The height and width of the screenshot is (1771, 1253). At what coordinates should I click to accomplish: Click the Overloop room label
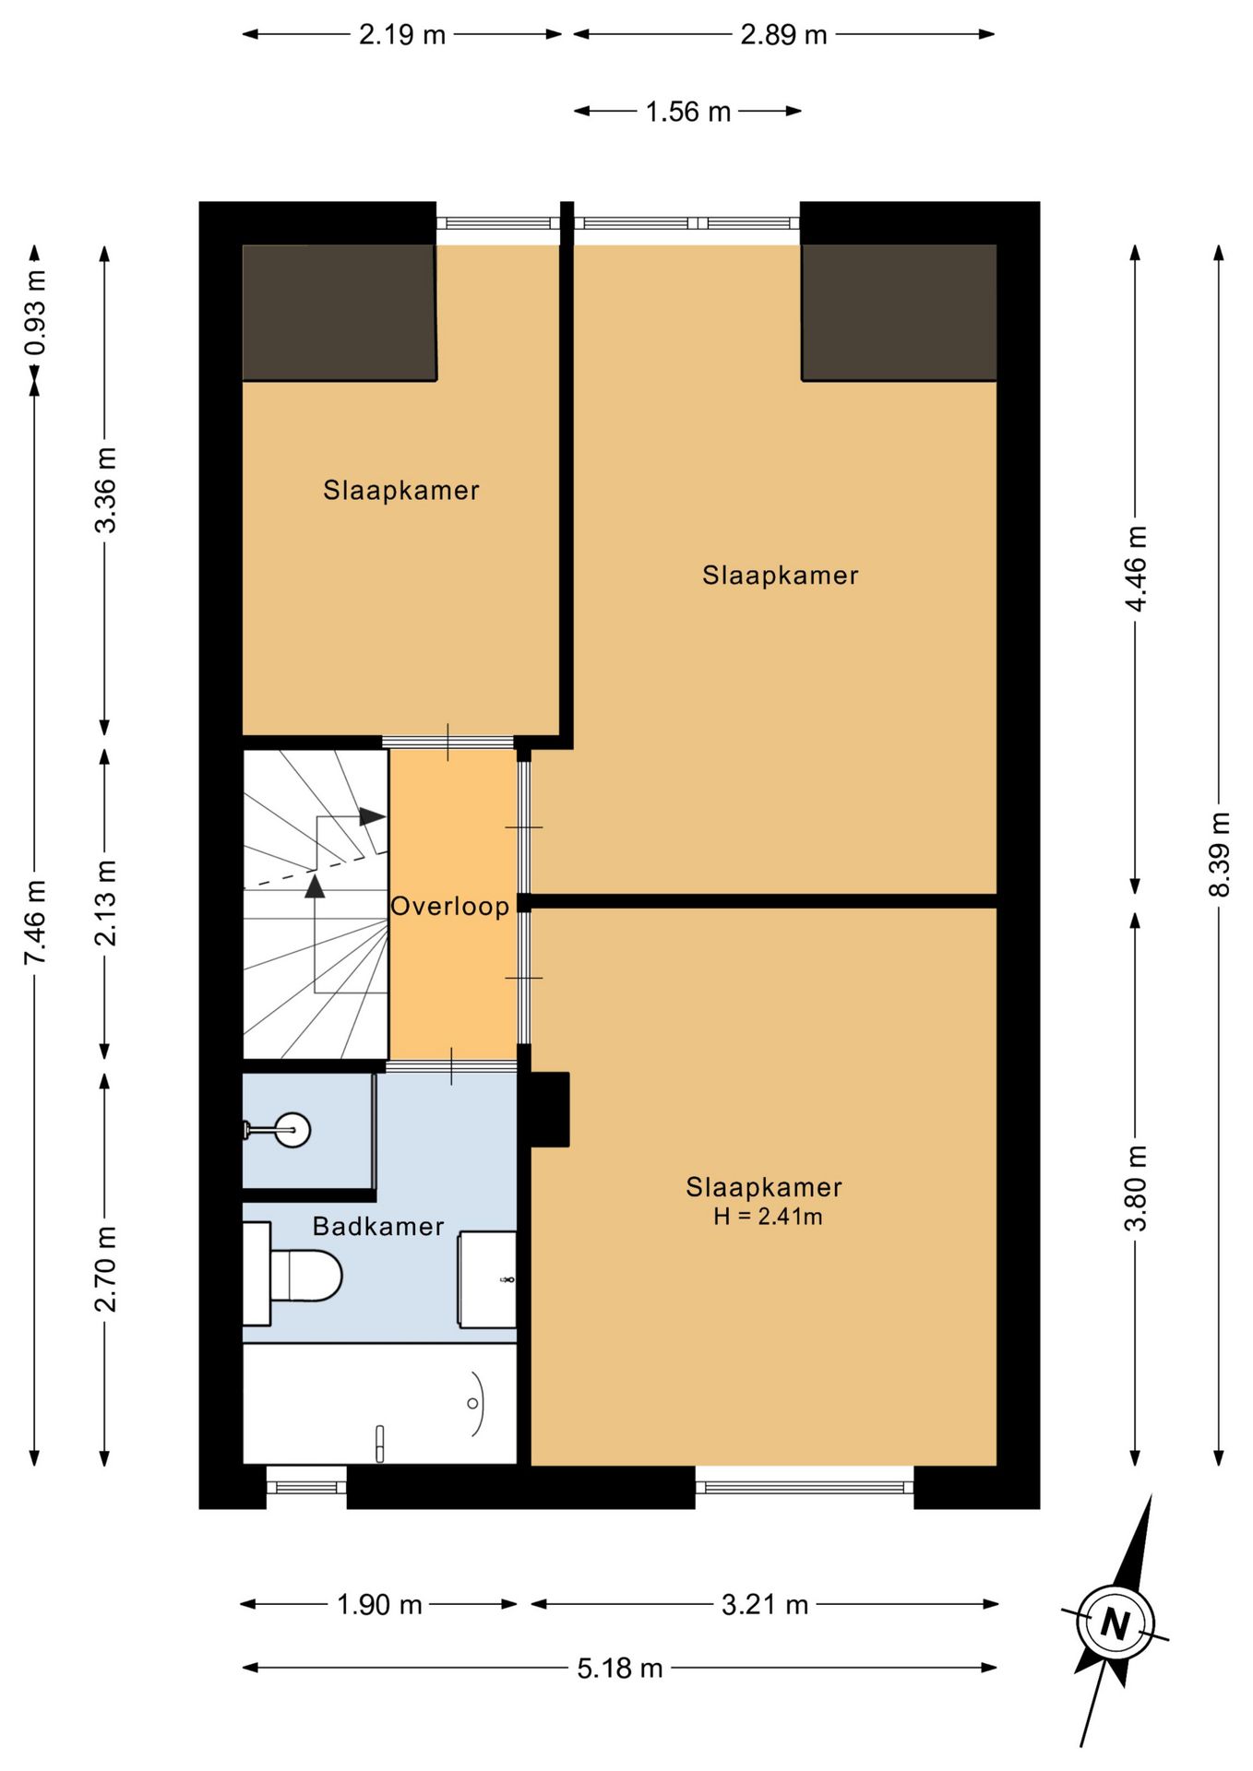tap(449, 906)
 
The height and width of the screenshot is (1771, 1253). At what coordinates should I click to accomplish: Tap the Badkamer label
tap(378, 1226)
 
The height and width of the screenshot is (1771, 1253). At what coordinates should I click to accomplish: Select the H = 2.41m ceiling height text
tap(768, 1217)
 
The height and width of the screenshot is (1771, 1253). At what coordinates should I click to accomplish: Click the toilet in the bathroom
tap(293, 1275)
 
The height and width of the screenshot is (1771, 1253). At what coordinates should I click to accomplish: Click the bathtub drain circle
tap(472, 1404)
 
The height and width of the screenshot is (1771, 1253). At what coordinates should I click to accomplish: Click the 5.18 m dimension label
tap(620, 1669)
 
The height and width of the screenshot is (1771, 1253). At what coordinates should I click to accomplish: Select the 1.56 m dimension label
tap(687, 112)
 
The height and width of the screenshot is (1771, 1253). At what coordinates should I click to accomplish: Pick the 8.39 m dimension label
tap(1219, 853)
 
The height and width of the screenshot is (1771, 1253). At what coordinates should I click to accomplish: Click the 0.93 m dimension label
tap(35, 313)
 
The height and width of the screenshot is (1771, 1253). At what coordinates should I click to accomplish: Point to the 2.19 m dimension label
tap(402, 35)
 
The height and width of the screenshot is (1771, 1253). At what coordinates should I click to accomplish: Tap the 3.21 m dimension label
tap(765, 1605)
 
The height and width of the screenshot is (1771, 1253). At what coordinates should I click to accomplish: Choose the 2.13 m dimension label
tap(106, 902)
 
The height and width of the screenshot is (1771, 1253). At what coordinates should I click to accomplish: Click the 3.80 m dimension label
tap(1136, 1188)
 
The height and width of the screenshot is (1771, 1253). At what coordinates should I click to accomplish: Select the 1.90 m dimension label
tap(379, 1605)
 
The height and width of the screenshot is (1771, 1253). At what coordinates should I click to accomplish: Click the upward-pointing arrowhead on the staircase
tap(316, 886)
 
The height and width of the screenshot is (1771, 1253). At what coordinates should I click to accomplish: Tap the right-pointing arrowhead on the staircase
tap(373, 816)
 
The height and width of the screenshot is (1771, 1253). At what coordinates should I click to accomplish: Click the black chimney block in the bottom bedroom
tap(550, 1110)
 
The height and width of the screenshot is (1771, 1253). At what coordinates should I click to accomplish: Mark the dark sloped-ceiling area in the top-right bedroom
tap(900, 313)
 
